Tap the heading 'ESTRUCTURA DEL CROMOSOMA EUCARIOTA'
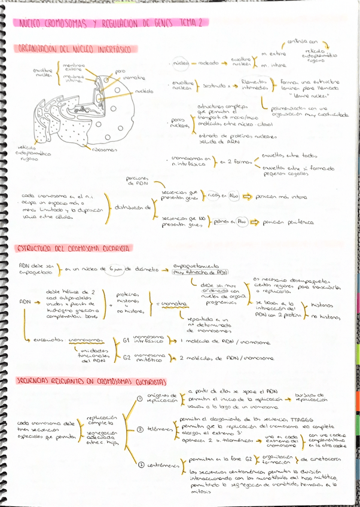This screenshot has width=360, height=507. click(x=74, y=248)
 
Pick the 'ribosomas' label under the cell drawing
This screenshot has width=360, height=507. click(x=105, y=149)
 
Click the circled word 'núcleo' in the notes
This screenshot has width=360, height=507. click(x=181, y=63)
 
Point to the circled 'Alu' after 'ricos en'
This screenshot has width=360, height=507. click(x=233, y=196)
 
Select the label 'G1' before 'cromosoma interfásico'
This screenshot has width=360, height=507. click(x=126, y=340)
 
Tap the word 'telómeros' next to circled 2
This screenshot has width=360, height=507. click(x=157, y=429)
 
